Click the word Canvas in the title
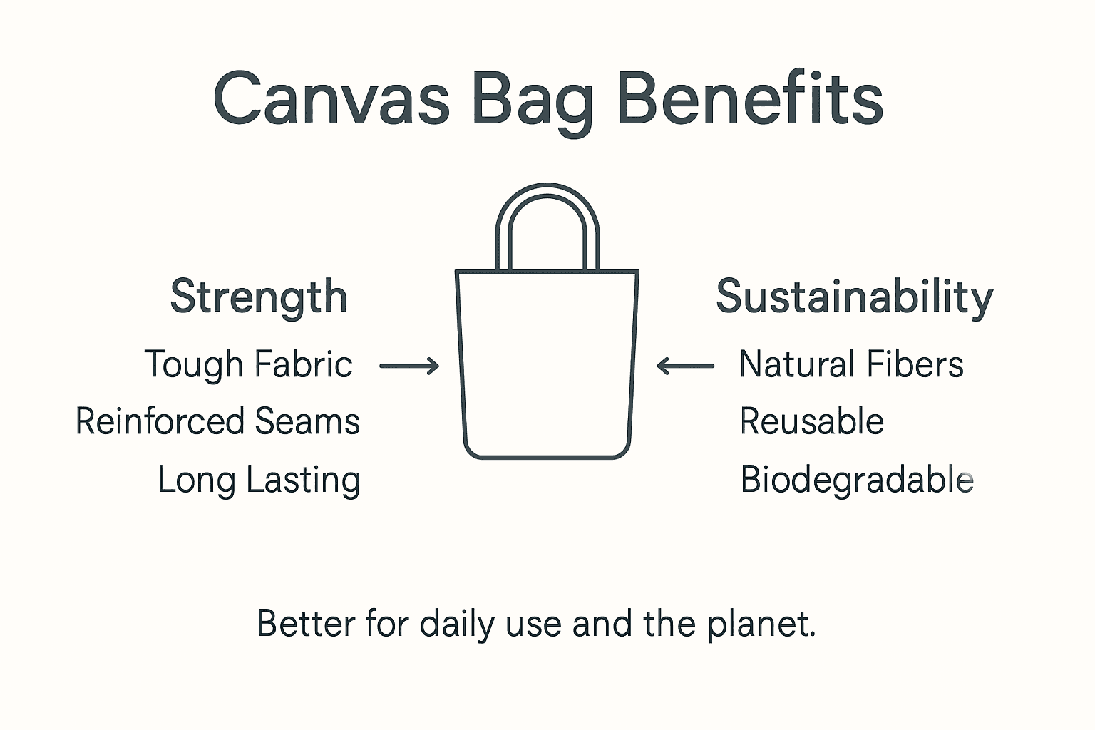click(x=331, y=99)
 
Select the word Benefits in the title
click(x=749, y=99)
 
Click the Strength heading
click(x=259, y=297)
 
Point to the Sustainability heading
click(x=854, y=297)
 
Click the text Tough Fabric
click(x=248, y=364)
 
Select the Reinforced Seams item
click(x=217, y=421)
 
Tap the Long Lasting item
click(x=259, y=480)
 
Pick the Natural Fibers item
click(x=851, y=364)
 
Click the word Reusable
click(x=811, y=421)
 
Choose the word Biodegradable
click(x=856, y=479)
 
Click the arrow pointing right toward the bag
click(x=409, y=366)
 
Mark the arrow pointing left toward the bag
click(x=685, y=366)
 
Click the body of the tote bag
click(x=547, y=364)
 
